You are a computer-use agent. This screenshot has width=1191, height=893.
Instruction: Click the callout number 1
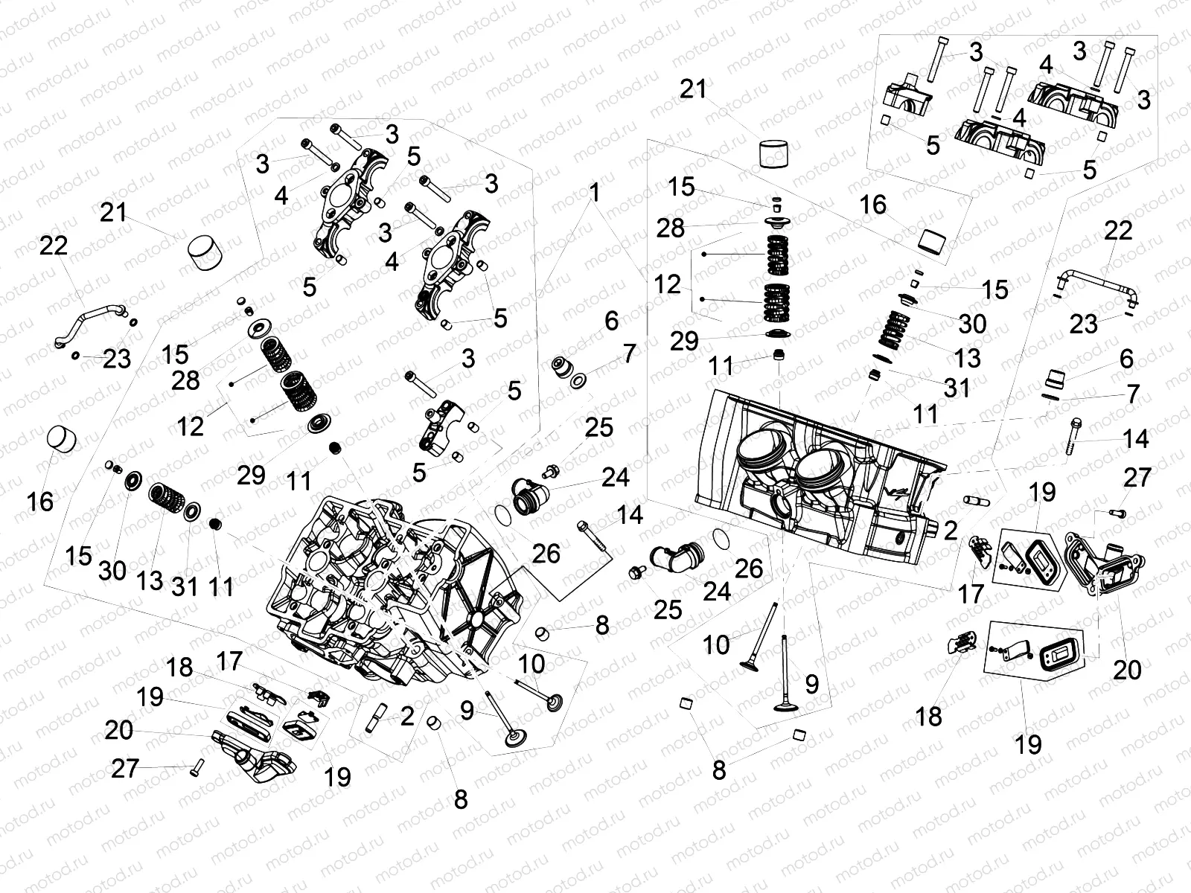[594, 193]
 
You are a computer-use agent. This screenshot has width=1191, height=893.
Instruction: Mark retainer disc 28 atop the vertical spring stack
[773, 222]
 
